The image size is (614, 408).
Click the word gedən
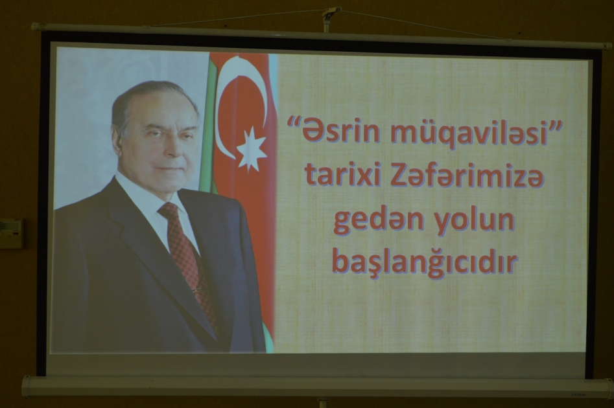tap(379, 220)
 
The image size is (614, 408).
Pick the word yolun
tap(475, 221)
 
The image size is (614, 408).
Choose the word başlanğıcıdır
tap(425, 264)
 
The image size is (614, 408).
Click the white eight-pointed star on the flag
tap(252, 150)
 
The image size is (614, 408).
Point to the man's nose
tap(172, 144)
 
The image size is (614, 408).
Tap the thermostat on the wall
tap(10, 234)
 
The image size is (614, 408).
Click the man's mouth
tap(171, 169)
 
